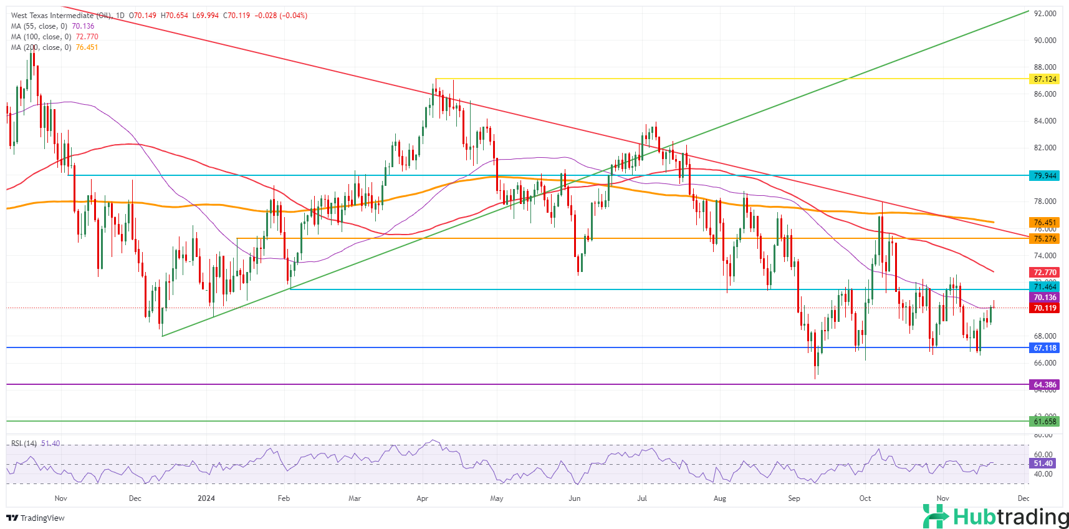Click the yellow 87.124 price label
click(1045, 79)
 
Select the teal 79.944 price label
click(1045, 176)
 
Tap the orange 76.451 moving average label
click(1045, 223)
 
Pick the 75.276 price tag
click(1045, 239)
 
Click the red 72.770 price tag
click(1045, 273)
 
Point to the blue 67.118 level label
click(1045, 348)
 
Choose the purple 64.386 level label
click(1045, 385)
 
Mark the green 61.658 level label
click(1045, 422)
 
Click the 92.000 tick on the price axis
click(1045, 13)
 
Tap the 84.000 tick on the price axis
click(1045, 121)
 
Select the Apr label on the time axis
click(422, 498)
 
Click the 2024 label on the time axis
click(206, 498)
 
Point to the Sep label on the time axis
click(793, 498)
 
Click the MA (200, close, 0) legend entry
click(41, 47)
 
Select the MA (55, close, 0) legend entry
click(39, 26)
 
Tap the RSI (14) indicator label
click(24, 444)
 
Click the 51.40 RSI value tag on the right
click(1043, 463)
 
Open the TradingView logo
click(36, 518)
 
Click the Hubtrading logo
click(995, 517)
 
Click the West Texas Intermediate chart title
click(62, 16)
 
